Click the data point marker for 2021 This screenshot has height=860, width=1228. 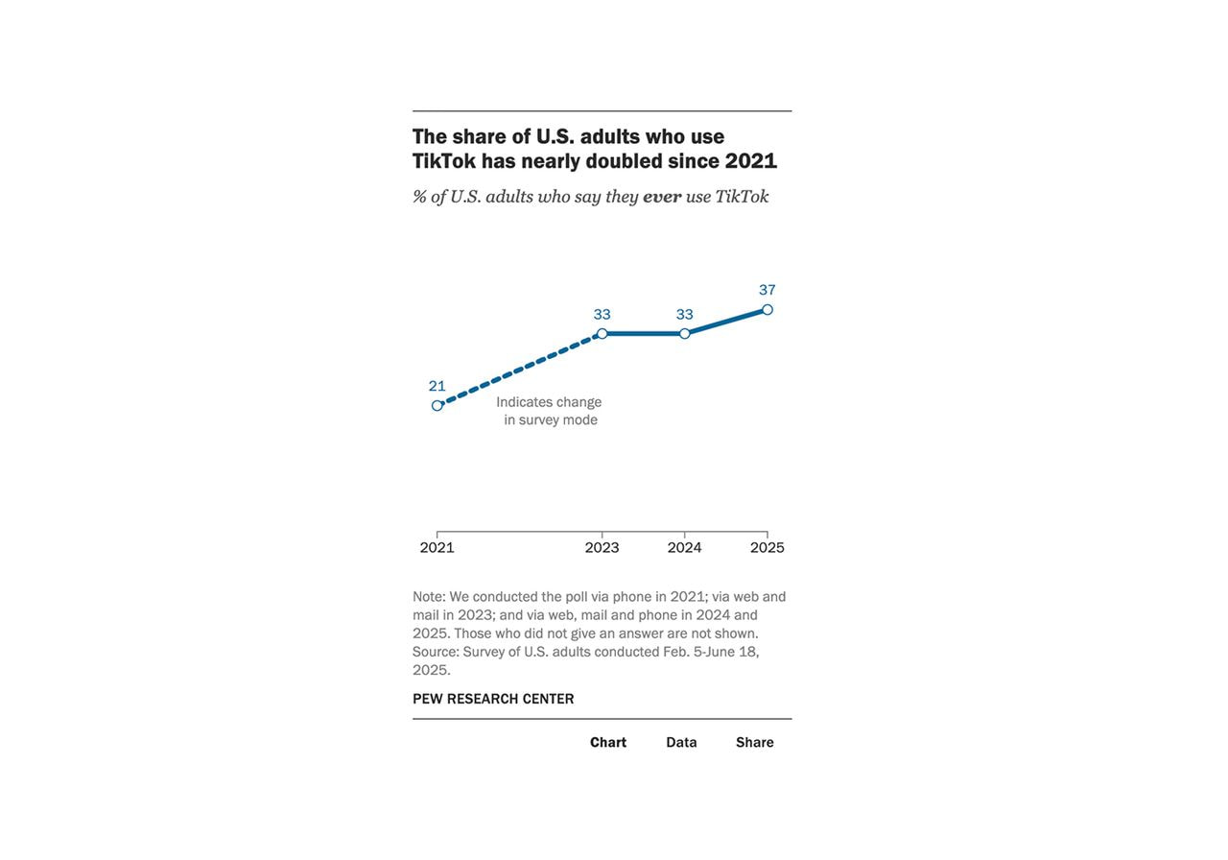(x=437, y=405)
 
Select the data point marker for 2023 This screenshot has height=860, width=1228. (x=602, y=334)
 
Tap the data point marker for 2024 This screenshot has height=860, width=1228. (x=685, y=334)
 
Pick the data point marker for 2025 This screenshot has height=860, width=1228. (x=767, y=310)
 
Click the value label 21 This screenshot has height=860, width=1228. (x=437, y=386)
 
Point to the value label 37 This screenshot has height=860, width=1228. (x=767, y=290)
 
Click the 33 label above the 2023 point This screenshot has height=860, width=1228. (x=602, y=314)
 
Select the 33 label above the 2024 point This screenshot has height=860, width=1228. (x=685, y=314)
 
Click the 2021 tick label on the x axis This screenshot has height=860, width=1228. (x=437, y=547)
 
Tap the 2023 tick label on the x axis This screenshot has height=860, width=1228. (x=602, y=547)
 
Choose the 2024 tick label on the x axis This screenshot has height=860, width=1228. (x=685, y=547)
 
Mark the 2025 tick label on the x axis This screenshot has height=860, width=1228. (x=767, y=547)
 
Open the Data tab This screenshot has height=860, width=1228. (x=681, y=742)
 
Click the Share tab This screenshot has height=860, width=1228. (x=755, y=742)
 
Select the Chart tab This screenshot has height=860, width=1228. (x=608, y=742)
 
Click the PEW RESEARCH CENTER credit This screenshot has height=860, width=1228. (x=493, y=699)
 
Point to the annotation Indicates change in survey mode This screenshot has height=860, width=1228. (x=550, y=411)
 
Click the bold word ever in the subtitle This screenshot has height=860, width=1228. (x=662, y=197)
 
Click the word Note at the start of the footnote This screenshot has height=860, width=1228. (x=428, y=597)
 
